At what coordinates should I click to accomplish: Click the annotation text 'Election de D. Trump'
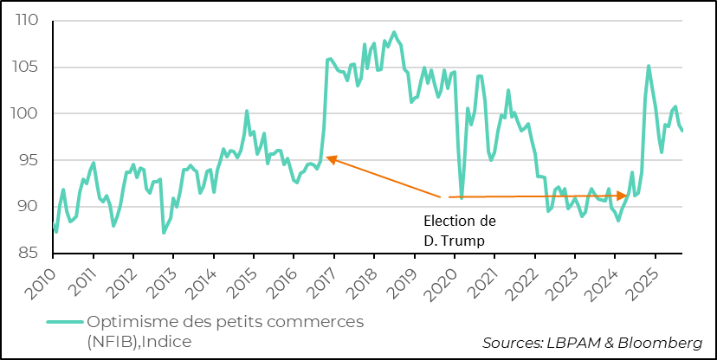click(460, 228)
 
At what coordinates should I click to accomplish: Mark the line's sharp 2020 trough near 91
click(462, 198)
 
